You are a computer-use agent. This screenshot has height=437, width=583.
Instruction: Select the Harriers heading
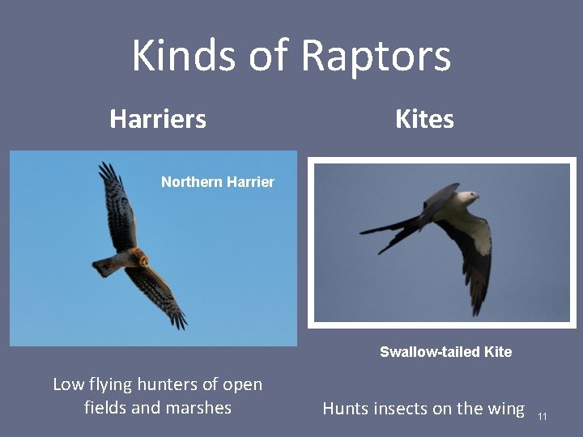pos(158,120)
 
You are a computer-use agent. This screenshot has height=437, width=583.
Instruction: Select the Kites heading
pos(424,120)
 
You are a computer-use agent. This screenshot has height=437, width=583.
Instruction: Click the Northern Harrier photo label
pos(217,182)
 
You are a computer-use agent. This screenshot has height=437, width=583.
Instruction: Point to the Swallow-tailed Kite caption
pos(445,352)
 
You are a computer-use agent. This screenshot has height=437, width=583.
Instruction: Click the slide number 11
pos(543,416)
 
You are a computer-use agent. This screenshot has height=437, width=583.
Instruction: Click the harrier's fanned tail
pos(104,265)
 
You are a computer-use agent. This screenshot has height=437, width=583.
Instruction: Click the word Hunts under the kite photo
pos(347,409)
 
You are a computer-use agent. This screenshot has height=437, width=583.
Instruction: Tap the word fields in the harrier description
pos(105,408)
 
